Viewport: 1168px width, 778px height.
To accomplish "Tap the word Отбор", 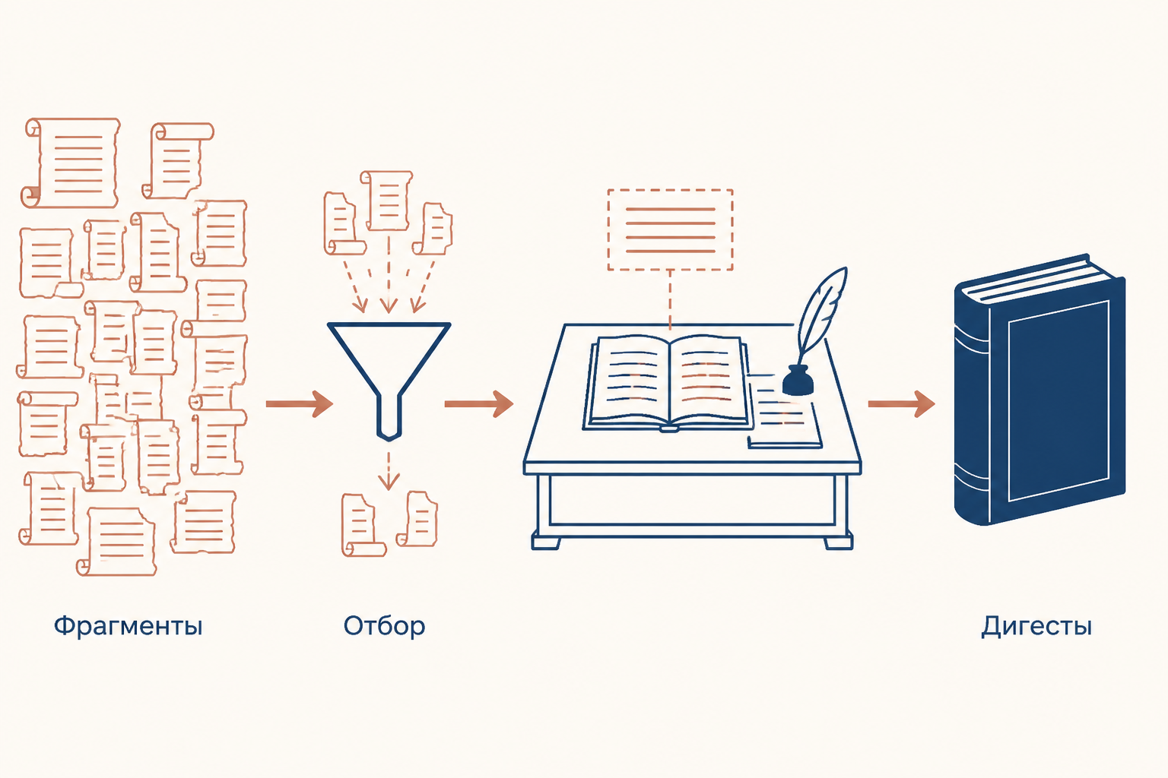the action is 384,626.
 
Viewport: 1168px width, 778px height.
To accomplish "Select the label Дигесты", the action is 1036,626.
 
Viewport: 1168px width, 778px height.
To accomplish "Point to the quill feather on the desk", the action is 820,314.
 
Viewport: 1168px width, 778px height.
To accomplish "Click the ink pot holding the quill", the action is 798,381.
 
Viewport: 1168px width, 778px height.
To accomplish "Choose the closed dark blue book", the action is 1039,390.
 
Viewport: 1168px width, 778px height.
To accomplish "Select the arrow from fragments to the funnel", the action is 300,404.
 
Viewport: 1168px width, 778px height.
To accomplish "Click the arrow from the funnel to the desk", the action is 478,404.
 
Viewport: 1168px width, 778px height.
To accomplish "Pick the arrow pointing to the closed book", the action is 901,404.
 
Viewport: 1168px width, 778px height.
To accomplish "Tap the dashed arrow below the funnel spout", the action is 388,470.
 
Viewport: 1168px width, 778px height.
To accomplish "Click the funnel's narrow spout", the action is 389,417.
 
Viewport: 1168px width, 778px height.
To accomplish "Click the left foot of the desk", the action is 546,540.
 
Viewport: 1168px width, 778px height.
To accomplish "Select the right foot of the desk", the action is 839,540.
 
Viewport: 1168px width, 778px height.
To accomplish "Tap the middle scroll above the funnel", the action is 387,200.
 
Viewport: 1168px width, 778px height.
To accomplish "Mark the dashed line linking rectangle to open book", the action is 670,300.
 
